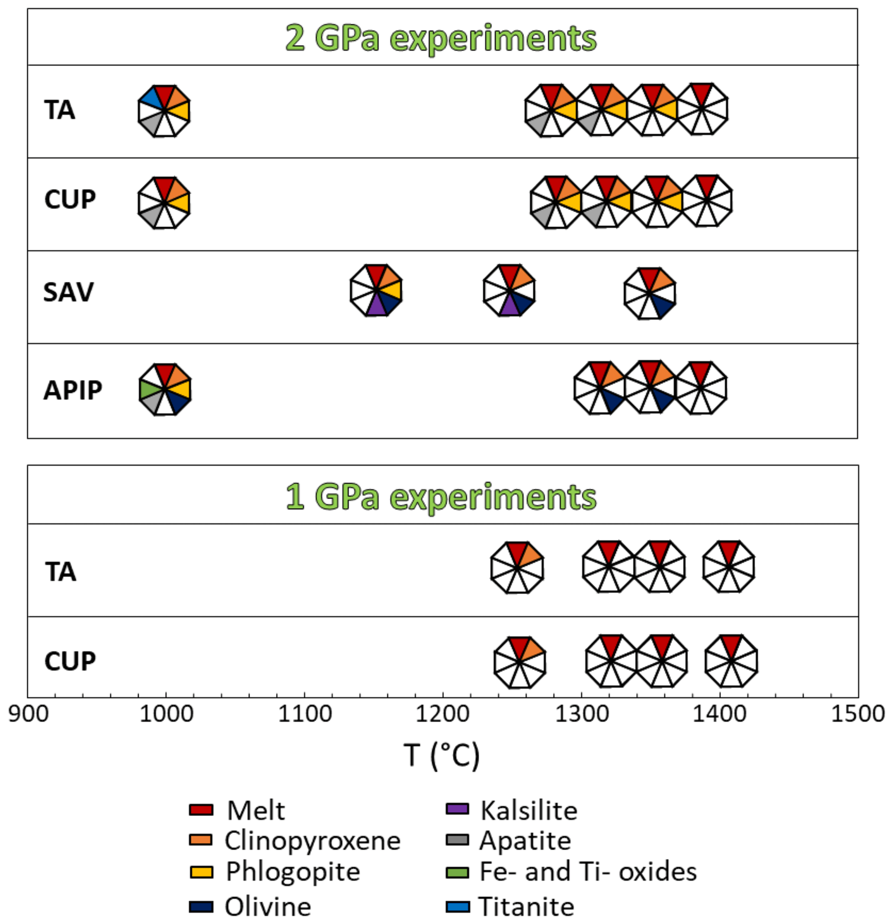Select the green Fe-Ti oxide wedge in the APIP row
[149, 389]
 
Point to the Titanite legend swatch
[457, 906]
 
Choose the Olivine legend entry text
[268, 906]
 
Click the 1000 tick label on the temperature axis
[166, 714]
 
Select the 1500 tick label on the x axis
[857, 714]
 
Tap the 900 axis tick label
[28, 714]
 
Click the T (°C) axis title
[441, 755]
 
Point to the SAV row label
[68, 292]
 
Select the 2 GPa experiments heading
[441, 38]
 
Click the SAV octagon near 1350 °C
[650, 293]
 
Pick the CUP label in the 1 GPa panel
[70, 661]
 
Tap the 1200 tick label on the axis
[443, 714]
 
